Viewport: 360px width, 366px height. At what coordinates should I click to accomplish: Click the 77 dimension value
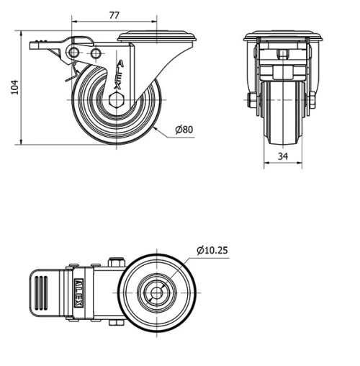(x=113, y=13)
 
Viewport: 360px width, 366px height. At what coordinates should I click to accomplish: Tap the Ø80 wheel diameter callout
(x=185, y=130)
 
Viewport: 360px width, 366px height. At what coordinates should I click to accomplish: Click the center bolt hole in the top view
(x=155, y=293)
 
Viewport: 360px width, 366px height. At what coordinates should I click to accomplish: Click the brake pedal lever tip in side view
(x=36, y=45)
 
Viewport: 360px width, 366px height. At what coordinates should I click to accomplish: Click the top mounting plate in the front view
(x=281, y=37)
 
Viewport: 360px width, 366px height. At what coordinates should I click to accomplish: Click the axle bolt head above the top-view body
(x=114, y=262)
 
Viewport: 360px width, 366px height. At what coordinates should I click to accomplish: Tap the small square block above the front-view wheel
(x=281, y=55)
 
